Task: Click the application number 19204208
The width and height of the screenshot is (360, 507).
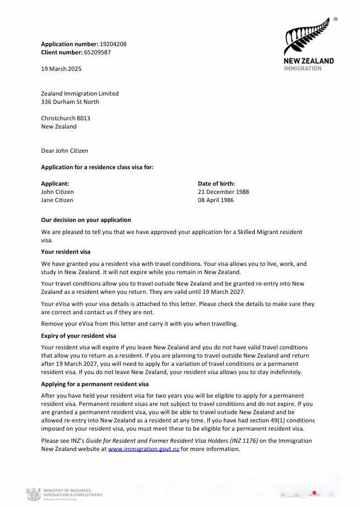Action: coord(113,44)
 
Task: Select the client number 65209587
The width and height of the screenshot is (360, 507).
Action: coord(97,52)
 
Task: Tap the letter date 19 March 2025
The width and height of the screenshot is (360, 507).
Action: coord(61,69)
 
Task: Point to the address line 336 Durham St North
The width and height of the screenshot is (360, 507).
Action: coord(70,102)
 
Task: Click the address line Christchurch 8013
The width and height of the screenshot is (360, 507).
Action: coord(66,118)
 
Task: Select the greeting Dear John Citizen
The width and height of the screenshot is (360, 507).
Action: coord(65,151)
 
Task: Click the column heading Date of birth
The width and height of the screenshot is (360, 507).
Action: coord(216,183)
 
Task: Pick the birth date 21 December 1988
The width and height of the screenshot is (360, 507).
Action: coord(223,192)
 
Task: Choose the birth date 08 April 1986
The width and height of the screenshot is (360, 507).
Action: coord(216,200)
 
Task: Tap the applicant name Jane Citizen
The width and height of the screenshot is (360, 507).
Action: coord(57,200)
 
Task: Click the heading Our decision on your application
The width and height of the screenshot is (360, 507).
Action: coord(86,220)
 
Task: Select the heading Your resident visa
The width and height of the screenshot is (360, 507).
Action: coord(66,252)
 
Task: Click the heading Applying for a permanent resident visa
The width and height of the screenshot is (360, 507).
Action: coord(95,384)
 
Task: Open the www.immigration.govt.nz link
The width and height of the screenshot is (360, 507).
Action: coord(144,449)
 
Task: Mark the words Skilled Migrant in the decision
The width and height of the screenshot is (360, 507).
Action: coord(252,232)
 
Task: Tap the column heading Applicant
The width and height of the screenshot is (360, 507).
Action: coord(55,183)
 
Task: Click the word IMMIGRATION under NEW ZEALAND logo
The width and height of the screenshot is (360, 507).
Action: coord(303,69)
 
